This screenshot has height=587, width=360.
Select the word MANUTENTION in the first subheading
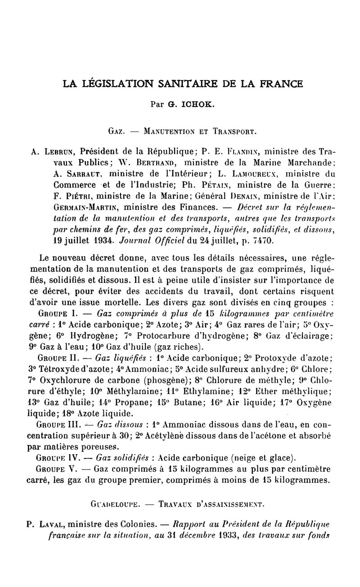coord(171,133)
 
